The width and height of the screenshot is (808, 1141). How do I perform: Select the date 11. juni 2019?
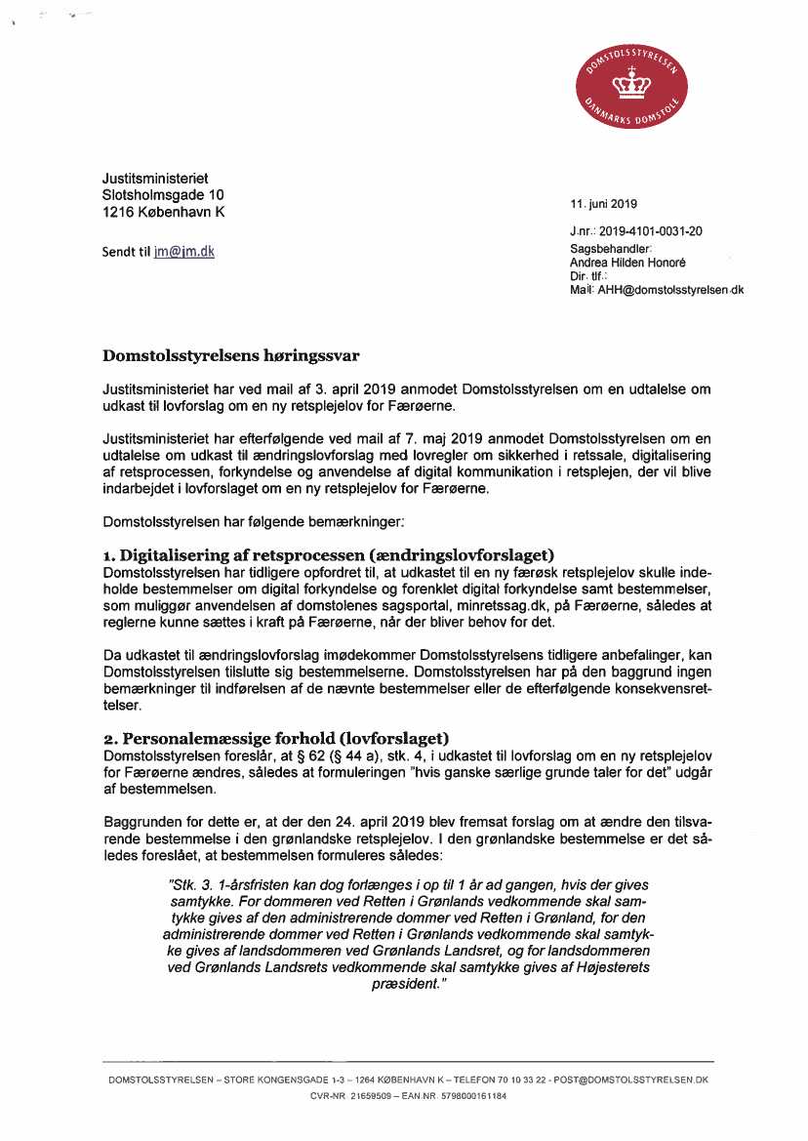[603, 205]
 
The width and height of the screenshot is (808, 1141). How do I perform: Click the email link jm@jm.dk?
[184, 252]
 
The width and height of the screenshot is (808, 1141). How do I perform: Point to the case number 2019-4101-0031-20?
[651, 231]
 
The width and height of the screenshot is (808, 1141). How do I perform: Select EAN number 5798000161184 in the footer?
[473, 1096]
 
